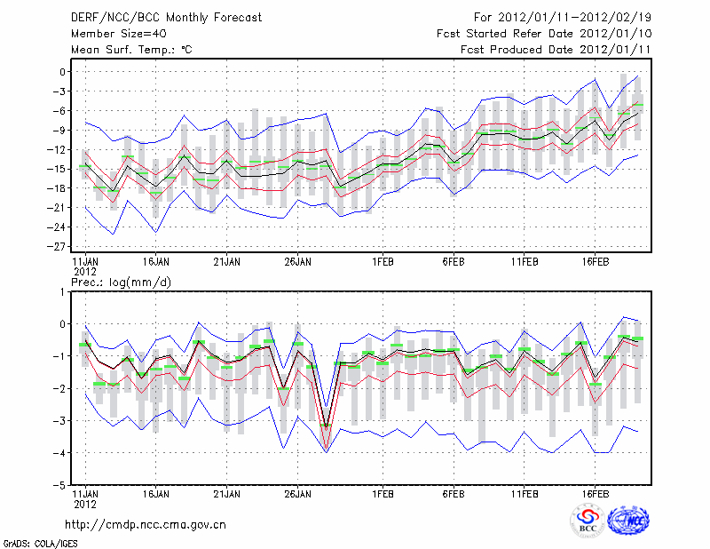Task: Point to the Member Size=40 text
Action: tap(112, 33)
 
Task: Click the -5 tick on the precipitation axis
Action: tap(61, 486)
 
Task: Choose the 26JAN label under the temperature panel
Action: tap(297, 262)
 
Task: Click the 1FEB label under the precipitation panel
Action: tap(383, 492)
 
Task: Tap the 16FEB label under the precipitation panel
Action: tap(596, 492)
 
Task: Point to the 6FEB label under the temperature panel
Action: tap(454, 262)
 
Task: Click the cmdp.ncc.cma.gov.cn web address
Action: tap(146, 524)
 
